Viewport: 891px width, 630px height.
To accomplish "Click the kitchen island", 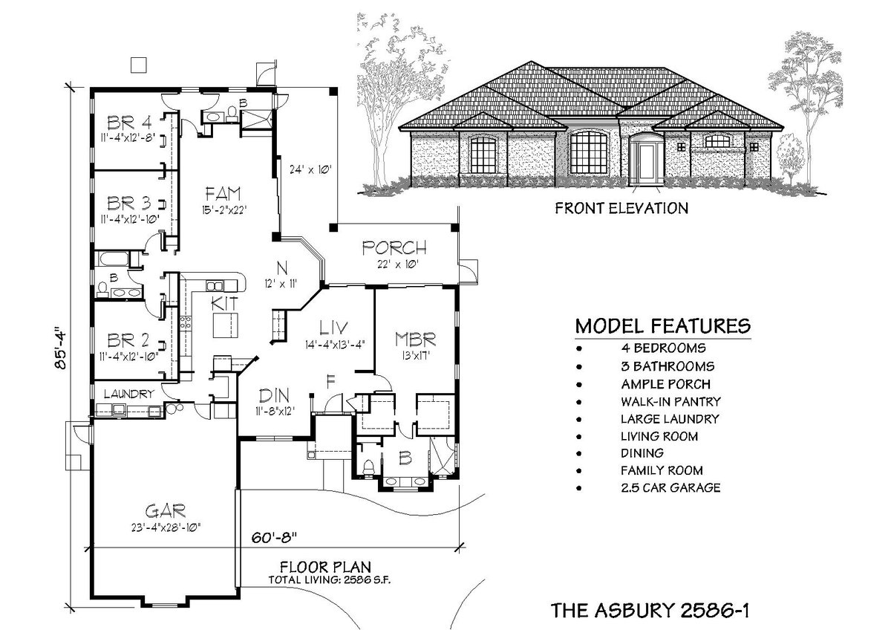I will (x=227, y=325).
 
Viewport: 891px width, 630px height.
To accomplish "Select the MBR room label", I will (x=416, y=340).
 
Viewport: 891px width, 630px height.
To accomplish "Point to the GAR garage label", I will (x=165, y=510).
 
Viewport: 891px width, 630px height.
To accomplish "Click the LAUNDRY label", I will (x=128, y=394).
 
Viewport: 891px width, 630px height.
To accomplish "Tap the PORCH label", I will (x=394, y=247).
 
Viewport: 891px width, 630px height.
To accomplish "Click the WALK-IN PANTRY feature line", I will (x=671, y=401).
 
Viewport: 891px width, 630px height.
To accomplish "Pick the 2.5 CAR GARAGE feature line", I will (x=671, y=487).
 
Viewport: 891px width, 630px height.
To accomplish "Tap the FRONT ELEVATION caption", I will (x=621, y=208).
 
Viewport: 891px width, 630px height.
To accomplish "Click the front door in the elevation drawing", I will (x=646, y=162).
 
